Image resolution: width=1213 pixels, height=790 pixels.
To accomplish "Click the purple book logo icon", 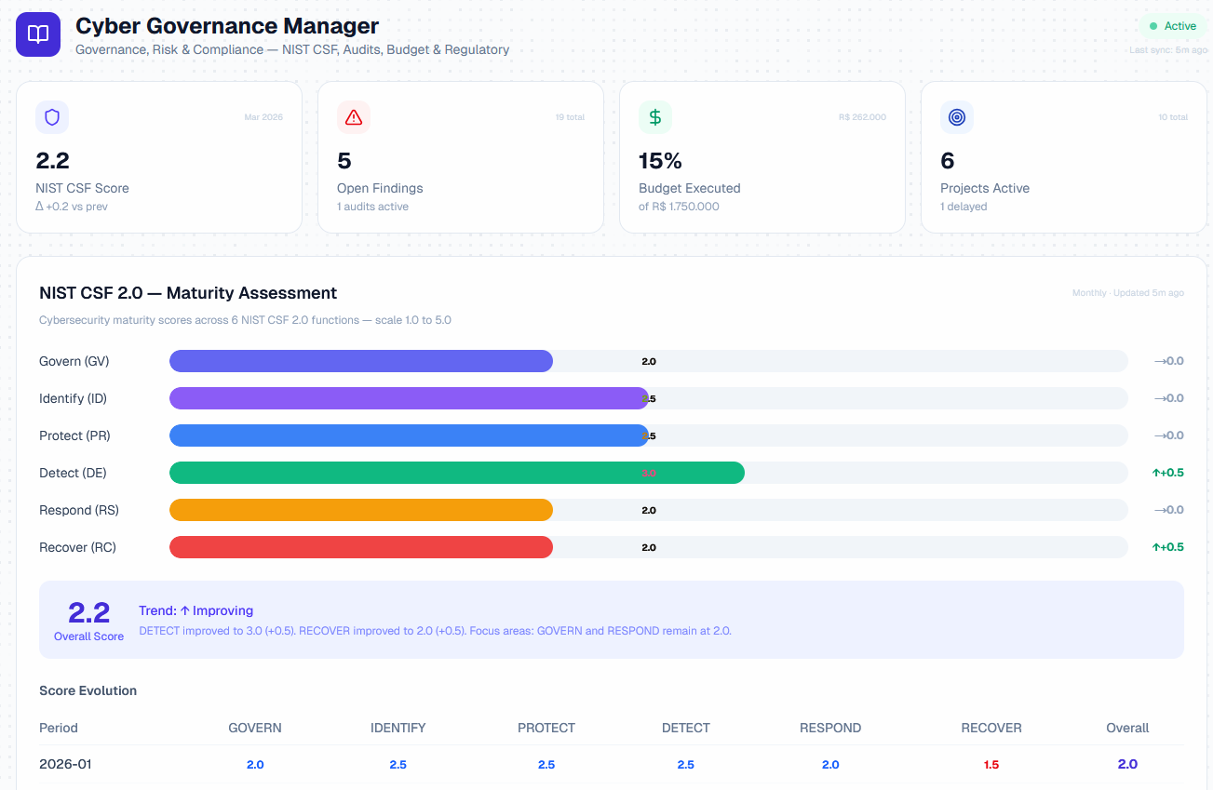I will [x=38, y=34].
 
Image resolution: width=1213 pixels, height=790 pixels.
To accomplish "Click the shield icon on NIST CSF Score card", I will [x=52, y=117].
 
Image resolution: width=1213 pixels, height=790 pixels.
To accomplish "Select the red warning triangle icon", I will [x=354, y=117].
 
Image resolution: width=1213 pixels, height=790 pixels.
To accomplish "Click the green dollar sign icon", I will [x=655, y=117].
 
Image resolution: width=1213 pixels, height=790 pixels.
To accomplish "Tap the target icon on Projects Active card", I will [x=957, y=117].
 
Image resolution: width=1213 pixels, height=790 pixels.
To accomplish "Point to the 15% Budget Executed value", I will [x=660, y=161].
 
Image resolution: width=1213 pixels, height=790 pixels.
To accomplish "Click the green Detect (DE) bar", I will [x=456, y=473].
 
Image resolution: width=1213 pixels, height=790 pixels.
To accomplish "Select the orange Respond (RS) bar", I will [x=360, y=510].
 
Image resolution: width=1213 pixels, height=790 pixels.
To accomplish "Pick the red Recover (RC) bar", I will [x=360, y=547].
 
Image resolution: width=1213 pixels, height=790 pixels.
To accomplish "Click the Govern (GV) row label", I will [x=74, y=361].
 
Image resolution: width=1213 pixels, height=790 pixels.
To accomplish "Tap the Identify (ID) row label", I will [x=73, y=398].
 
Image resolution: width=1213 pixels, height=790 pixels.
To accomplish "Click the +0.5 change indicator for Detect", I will [x=1167, y=473].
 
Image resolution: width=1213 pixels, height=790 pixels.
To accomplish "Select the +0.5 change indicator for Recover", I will [x=1167, y=547].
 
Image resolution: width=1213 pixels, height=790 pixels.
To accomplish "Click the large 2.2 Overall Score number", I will [x=88, y=612].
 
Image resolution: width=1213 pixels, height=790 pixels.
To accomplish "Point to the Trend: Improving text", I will [x=195, y=610].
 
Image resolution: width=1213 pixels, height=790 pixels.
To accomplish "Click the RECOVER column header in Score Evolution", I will [x=991, y=728].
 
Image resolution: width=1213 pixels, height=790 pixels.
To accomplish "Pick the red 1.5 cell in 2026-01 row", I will [x=991, y=765].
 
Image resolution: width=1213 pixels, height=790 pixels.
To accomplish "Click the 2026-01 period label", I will [x=65, y=764].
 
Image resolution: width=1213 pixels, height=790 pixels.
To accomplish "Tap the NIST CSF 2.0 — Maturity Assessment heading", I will [x=188, y=293].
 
